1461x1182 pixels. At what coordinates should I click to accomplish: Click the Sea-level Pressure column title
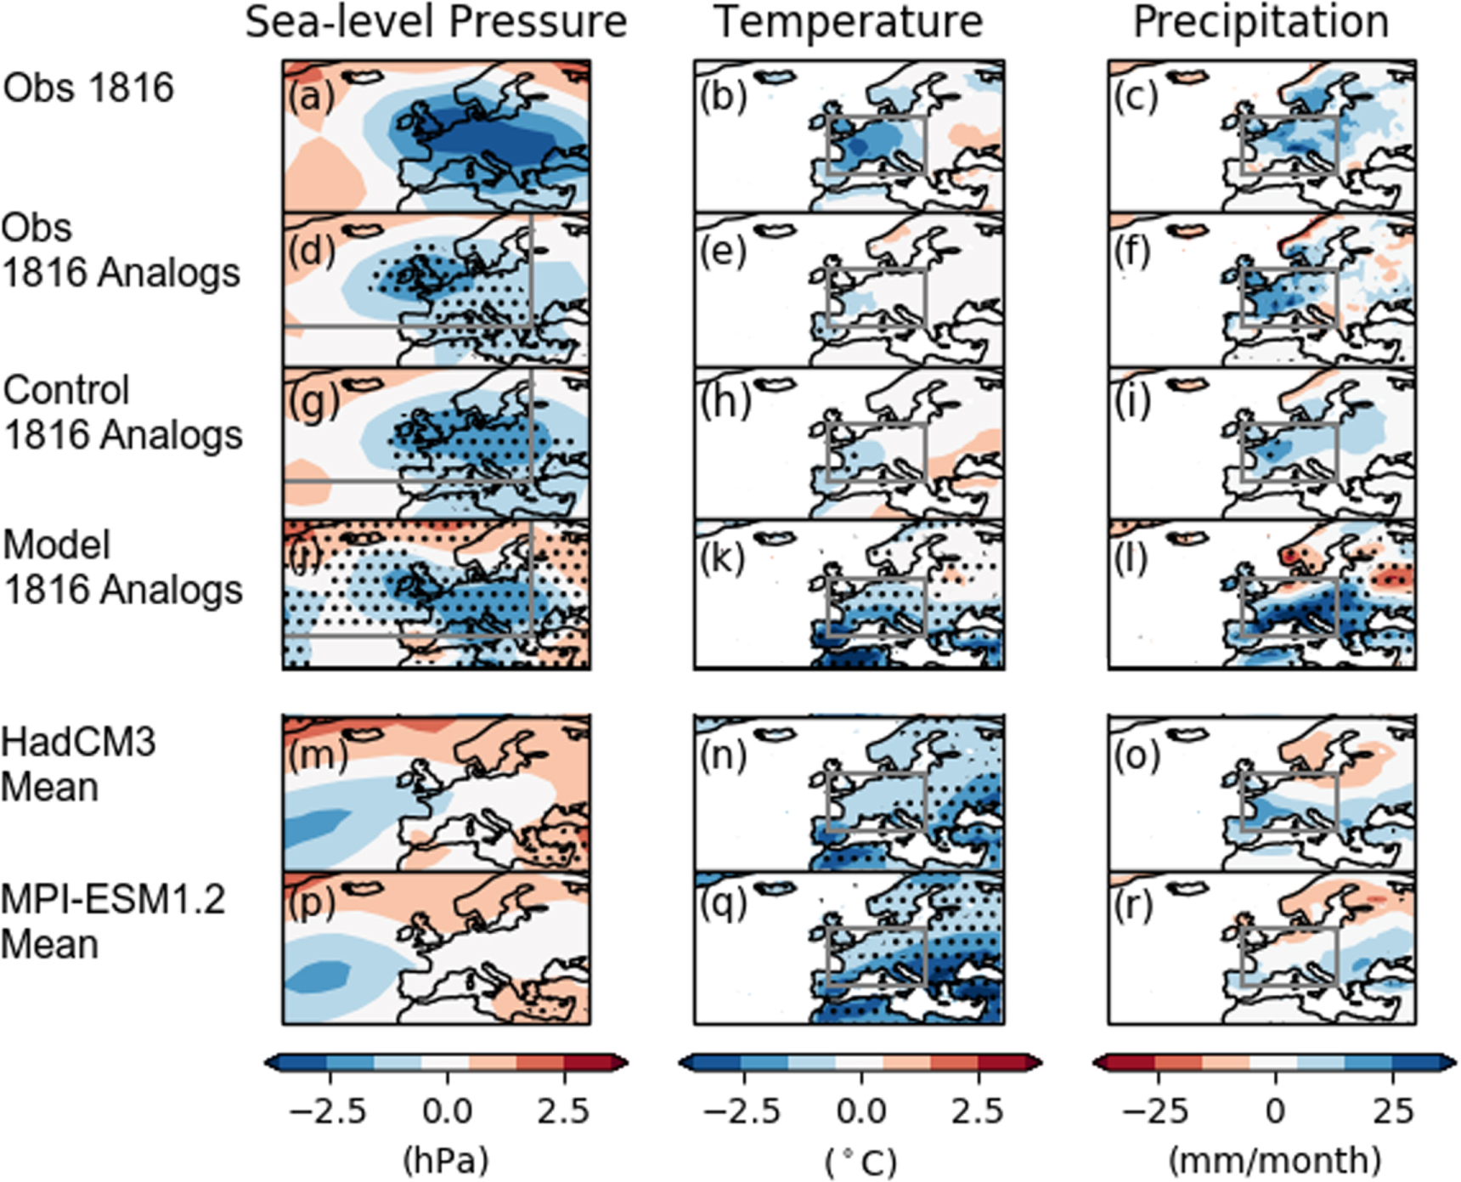[436, 23]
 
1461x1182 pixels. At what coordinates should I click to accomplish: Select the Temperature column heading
[849, 21]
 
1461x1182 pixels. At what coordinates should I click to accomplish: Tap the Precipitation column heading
[1261, 21]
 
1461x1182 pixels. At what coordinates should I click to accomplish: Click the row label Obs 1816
[88, 88]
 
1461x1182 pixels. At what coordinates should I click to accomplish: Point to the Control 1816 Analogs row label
[122, 413]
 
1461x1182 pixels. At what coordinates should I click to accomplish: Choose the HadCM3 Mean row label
[78, 765]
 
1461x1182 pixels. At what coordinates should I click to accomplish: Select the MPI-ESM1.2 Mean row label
[113, 922]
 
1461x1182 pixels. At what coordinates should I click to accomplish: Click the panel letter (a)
[311, 96]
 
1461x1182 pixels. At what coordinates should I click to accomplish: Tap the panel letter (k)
[724, 558]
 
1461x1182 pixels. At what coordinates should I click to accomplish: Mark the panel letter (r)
[1136, 906]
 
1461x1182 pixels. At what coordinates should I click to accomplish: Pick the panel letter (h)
[725, 403]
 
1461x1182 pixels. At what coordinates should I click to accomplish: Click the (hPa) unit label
[446, 1160]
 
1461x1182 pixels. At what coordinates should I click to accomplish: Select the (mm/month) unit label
[1274, 1160]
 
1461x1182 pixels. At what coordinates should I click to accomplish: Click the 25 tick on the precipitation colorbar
[1392, 1111]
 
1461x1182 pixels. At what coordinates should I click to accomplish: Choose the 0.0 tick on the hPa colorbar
[448, 1111]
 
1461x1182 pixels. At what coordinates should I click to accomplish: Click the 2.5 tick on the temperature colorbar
[979, 1111]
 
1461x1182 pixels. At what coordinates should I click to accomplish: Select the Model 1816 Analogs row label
[122, 568]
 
